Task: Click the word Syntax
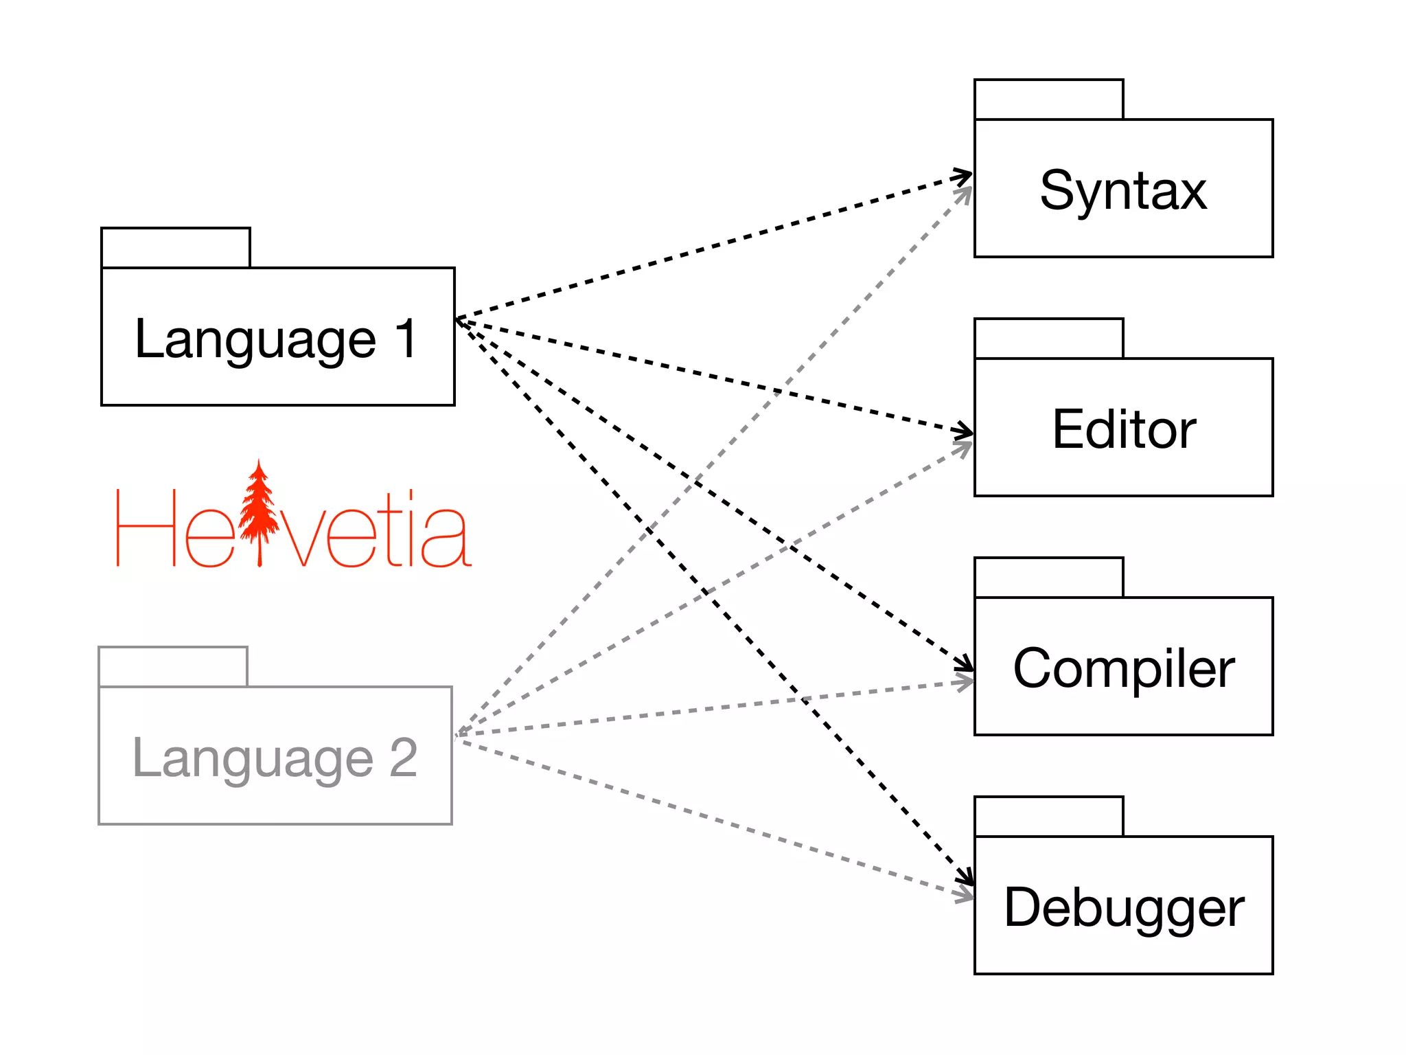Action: pyautogui.click(x=1123, y=190)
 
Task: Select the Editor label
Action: pyautogui.click(x=1124, y=429)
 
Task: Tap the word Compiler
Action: pyautogui.click(x=1124, y=668)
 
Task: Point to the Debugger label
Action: pyautogui.click(x=1124, y=907)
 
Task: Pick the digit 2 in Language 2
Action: pyautogui.click(x=404, y=758)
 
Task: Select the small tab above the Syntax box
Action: pyautogui.click(x=1048, y=100)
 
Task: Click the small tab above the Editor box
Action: pyautogui.click(x=1048, y=339)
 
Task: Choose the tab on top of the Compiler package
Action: pyautogui.click(x=1048, y=578)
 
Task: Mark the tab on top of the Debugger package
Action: pyautogui.click(x=1048, y=817)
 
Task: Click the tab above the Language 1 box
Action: pyautogui.click(x=176, y=248)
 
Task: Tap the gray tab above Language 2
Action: pyautogui.click(x=173, y=667)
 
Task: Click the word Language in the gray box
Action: pyautogui.click(x=253, y=759)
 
